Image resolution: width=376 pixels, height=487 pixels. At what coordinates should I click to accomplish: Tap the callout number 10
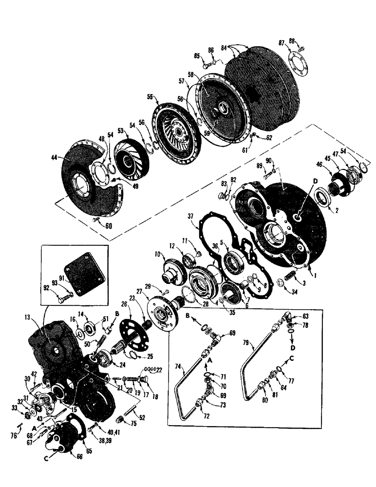pyautogui.click(x=158, y=254)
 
